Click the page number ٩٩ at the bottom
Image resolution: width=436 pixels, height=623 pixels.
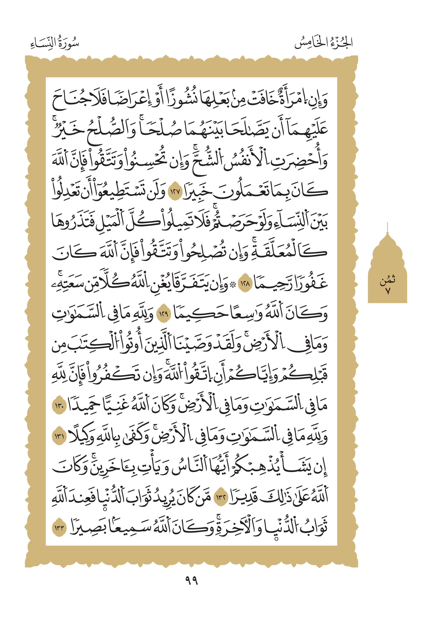pos(191,580)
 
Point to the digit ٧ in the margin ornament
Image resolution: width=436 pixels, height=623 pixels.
pos(388,291)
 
